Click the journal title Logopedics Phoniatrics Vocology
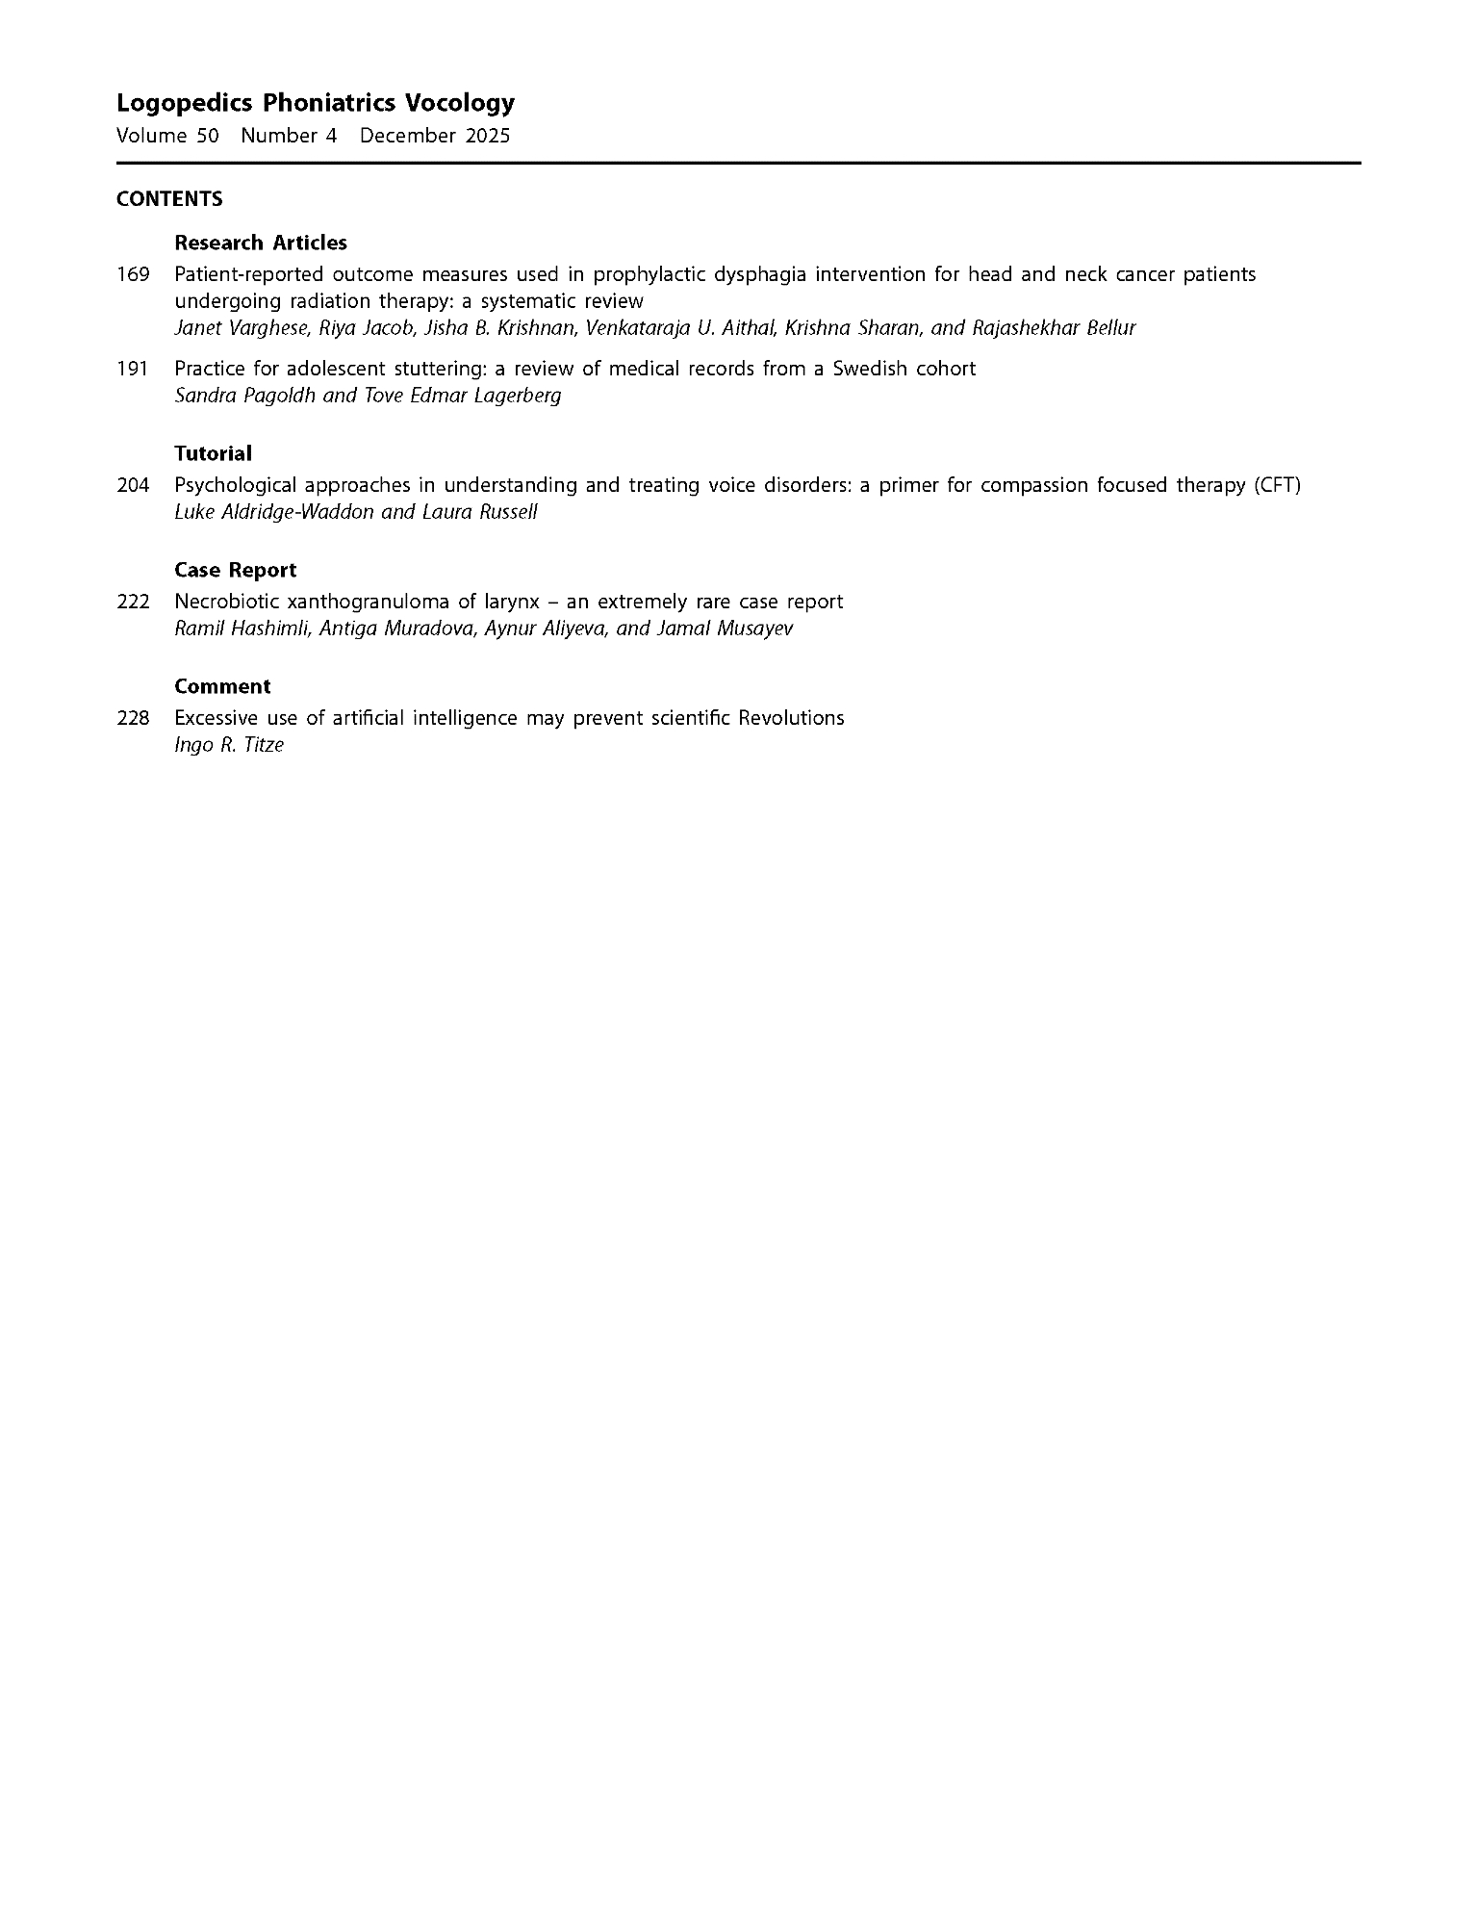coord(315,103)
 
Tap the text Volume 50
coord(167,136)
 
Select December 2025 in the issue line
coord(435,136)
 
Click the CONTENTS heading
coord(169,199)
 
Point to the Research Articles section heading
coord(261,243)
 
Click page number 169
coord(133,274)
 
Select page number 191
coord(132,369)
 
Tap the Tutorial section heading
coord(213,453)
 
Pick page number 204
coord(133,485)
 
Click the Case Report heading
coord(236,570)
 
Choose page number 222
coord(133,602)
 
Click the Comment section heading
coord(222,686)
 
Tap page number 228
coord(133,718)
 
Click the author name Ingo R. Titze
coord(229,745)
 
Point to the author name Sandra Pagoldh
coord(244,396)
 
